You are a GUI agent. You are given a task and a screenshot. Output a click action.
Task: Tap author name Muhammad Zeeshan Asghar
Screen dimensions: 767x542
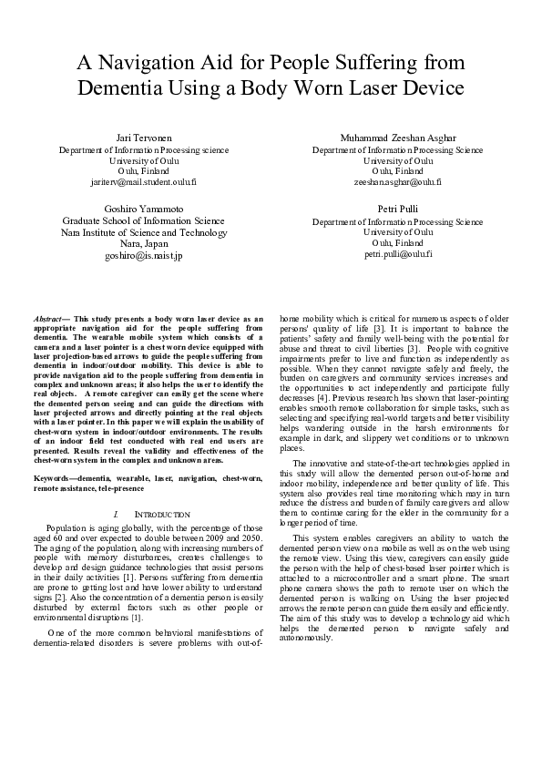(x=398, y=138)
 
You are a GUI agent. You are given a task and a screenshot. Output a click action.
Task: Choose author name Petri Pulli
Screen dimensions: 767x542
(x=397, y=210)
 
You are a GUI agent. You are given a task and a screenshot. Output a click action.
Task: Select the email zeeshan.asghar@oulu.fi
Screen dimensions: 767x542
(x=398, y=181)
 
